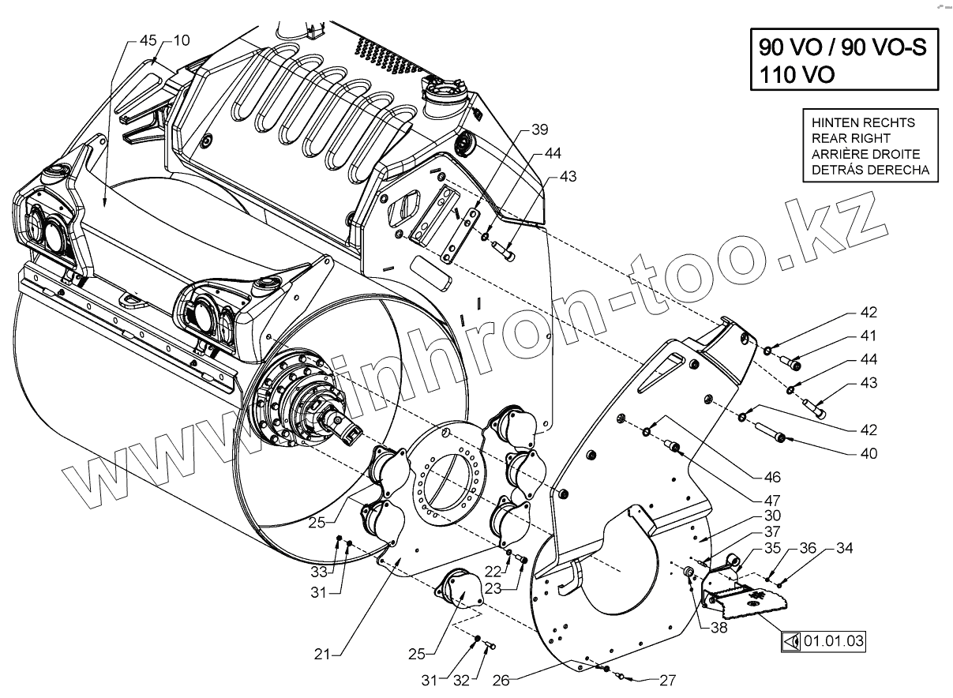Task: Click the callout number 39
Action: [x=538, y=129]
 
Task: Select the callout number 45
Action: [x=148, y=40]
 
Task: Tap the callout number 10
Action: [x=181, y=40]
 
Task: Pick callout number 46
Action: [x=772, y=477]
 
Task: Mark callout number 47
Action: [x=773, y=501]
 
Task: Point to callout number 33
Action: [x=318, y=569]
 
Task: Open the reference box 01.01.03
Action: [x=834, y=641]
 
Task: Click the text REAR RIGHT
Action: [x=845, y=138]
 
